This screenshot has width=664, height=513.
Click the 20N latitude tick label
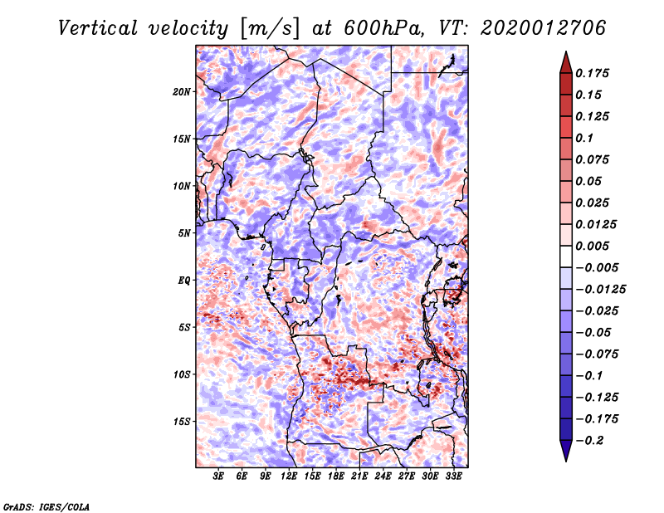[182, 91]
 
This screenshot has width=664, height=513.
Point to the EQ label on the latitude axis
[183, 281]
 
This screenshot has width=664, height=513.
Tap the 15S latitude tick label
[182, 422]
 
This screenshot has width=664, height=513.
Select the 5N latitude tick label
[184, 233]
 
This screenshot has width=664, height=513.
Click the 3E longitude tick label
[219, 477]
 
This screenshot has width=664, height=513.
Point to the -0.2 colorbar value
[592, 440]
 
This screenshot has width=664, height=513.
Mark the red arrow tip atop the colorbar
[565, 57]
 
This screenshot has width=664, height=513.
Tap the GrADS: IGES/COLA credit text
[46, 506]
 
